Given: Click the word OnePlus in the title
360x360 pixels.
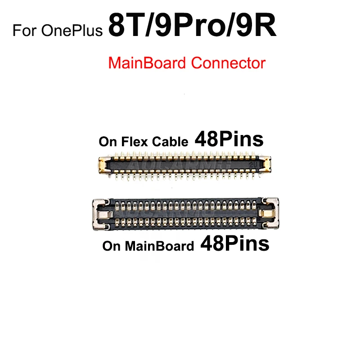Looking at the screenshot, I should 73,31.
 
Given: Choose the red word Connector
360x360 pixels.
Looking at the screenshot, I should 228,63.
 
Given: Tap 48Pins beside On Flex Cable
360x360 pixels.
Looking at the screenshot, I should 229,140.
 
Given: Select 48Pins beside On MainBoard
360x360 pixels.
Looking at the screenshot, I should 235,244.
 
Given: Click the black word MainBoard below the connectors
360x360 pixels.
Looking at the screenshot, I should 161,246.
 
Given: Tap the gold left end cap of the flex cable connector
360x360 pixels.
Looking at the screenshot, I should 102,165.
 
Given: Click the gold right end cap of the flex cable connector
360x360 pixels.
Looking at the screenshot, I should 265,165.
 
